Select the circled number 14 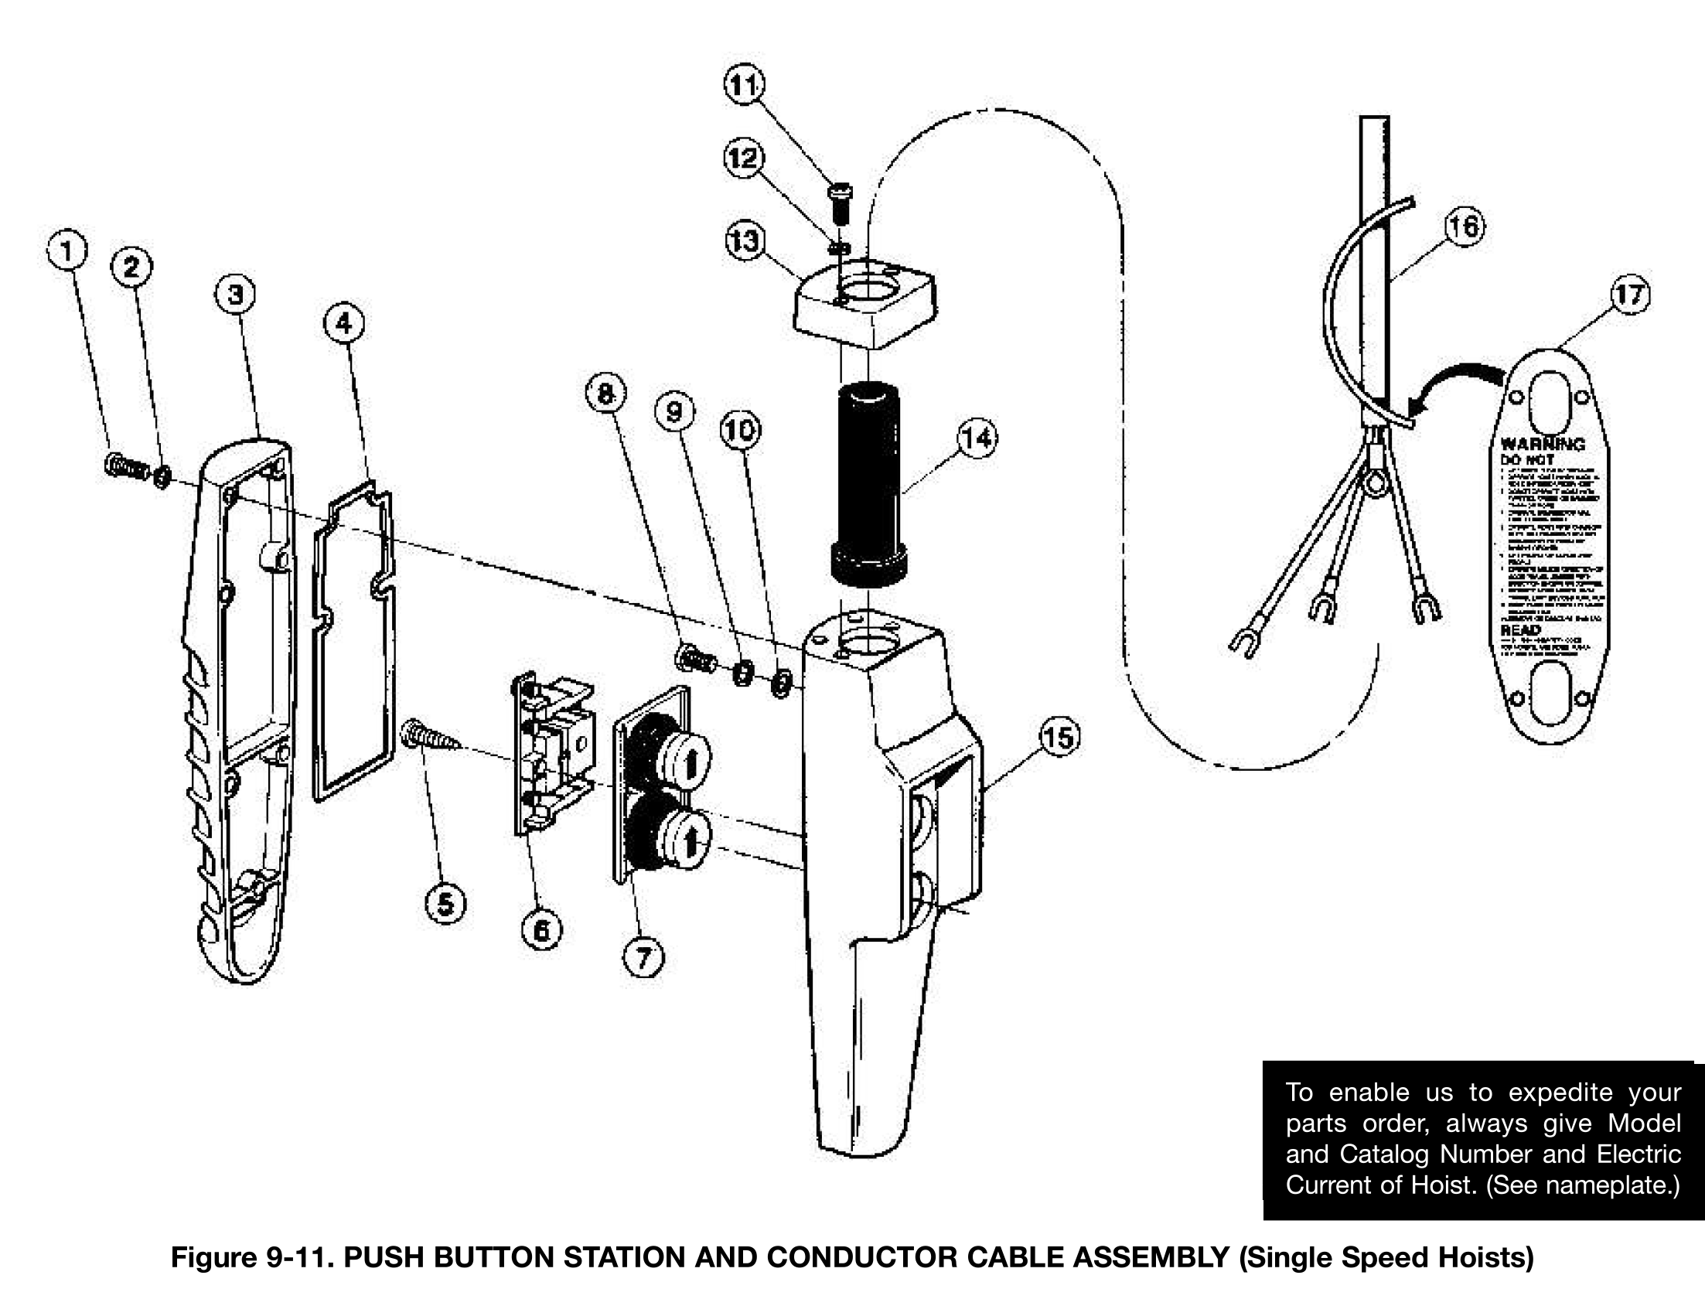977,439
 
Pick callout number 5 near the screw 445,903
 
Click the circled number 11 744,86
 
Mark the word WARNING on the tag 1542,445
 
